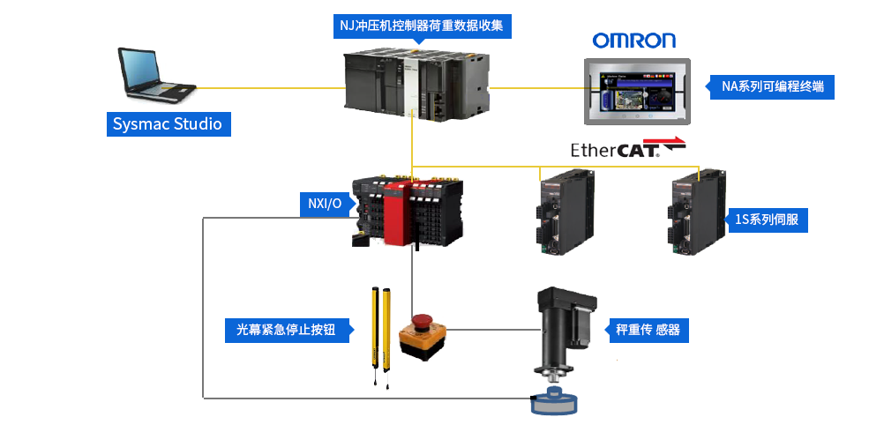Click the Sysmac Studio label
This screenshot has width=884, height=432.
[168, 123]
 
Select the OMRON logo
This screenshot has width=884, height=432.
[633, 41]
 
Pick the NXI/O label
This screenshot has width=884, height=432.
[324, 204]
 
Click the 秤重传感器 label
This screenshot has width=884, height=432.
[648, 331]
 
